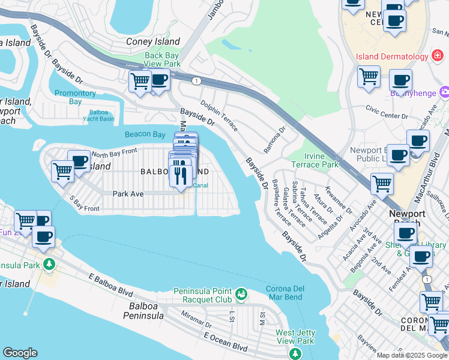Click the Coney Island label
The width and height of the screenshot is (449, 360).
click(x=153, y=41)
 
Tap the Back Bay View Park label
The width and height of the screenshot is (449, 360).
click(x=162, y=59)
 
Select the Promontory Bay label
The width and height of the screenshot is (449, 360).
click(x=75, y=97)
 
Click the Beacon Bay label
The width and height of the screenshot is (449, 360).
click(x=145, y=134)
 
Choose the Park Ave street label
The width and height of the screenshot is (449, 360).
click(x=128, y=194)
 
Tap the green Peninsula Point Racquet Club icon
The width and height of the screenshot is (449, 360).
click(x=241, y=293)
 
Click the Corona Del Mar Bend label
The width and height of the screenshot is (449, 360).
click(x=285, y=293)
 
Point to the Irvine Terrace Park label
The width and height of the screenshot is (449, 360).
click(x=322, y=160)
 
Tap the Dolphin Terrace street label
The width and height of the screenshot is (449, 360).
click(x=219, y=116)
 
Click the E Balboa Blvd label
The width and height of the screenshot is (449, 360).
click(x=109, y=286)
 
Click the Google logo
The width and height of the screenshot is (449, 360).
click(x=20, y=353)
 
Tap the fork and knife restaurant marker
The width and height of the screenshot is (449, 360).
click(x=180, y=175)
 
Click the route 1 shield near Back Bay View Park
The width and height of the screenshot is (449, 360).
click(x=196, y=80)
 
